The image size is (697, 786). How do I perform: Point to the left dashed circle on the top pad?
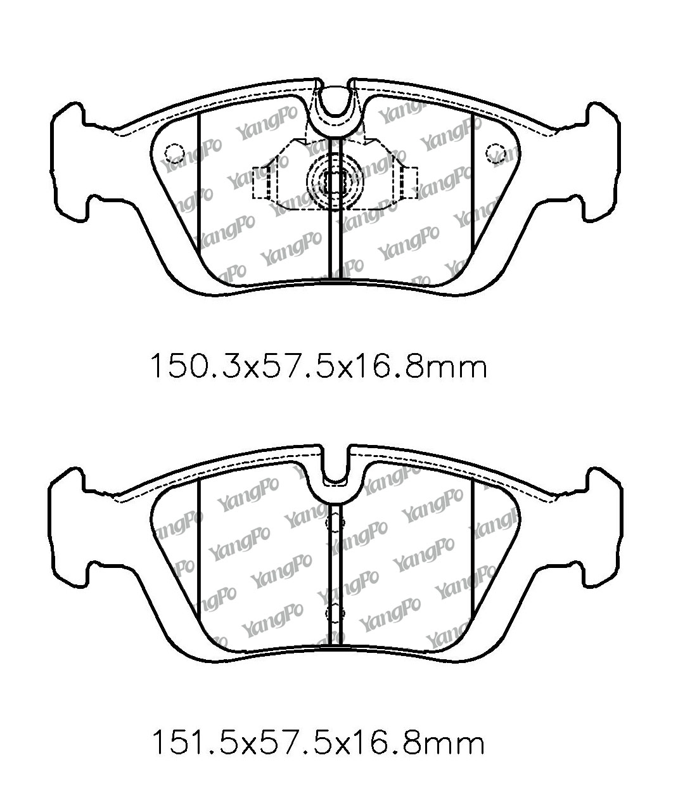click(174, 153)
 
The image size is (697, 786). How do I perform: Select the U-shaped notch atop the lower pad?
click(335, 470)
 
